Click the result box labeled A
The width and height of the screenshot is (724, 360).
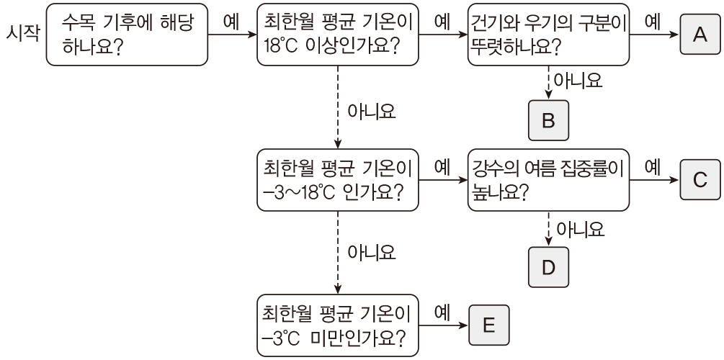coord(697,35)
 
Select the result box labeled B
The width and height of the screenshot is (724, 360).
coord(548,121)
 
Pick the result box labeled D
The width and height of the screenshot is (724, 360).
coord(548,267)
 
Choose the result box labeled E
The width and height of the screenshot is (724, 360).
coord(488,325)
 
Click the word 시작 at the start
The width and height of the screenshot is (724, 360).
coord(22,34)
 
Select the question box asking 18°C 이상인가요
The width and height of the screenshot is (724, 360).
coord(337,35)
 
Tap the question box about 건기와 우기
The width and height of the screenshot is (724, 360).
coord(548,35)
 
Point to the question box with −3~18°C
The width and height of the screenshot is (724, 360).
coord(337,180)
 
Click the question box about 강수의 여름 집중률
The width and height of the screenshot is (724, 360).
coord(548,180)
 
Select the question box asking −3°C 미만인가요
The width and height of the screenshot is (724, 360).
coord(337,325)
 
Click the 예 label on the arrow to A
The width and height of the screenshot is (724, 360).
coord(653,21)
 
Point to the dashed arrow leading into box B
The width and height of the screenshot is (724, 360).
coord(548,83)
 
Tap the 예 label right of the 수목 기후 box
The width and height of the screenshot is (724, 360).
coord(232,21)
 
